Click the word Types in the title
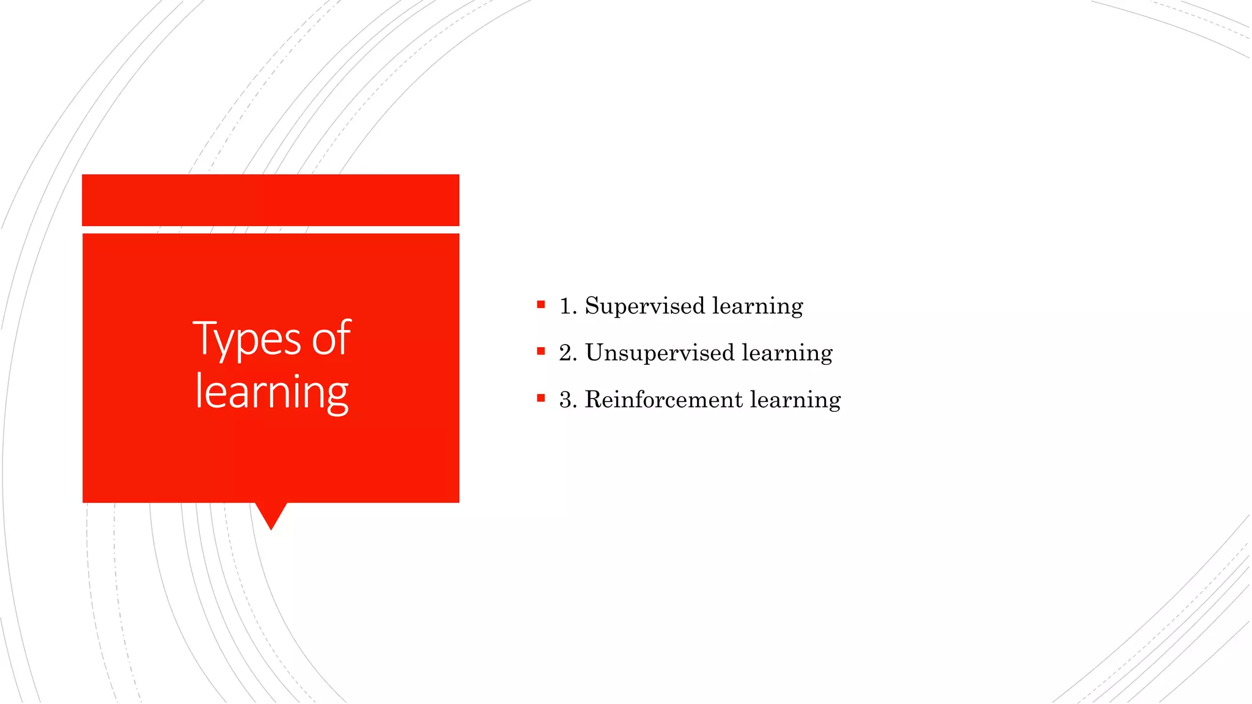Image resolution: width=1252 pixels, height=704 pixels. pos(247,340)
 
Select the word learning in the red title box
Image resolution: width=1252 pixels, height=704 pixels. pos(272,392)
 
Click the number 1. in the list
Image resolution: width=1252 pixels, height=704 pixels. pos(568,306)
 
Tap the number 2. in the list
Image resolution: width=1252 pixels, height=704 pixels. pos(568,353)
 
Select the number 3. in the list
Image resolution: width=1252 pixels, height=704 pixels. pos(568,400)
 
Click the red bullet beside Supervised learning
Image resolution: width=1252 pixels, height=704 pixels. pos(541,304)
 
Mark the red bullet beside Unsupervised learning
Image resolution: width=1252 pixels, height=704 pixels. pos(541,351)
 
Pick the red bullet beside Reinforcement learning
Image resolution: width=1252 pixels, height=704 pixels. pos(541,398)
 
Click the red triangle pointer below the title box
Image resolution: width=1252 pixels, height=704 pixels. pos(271,513)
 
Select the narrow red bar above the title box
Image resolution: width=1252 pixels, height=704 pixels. pos(270,200)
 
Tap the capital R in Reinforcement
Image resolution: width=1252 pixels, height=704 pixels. pos(594,400)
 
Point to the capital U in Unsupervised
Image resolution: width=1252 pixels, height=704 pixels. pos(595,353)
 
